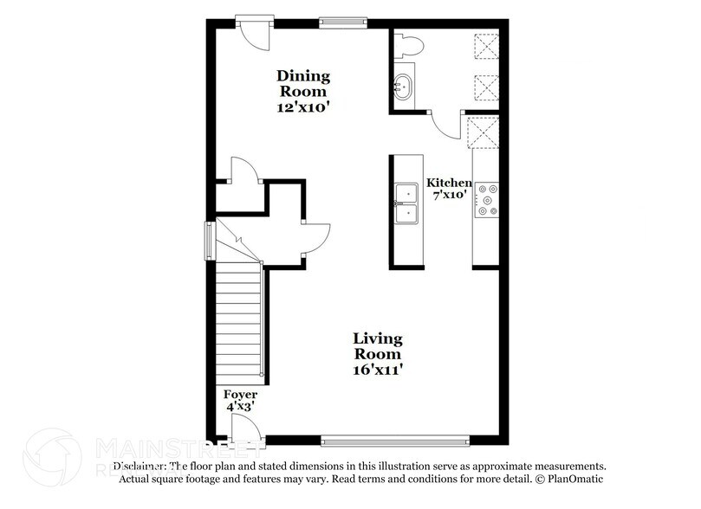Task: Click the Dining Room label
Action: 302,83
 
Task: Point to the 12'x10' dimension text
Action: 302,109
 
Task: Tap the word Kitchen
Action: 449,184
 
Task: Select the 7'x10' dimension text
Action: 449,196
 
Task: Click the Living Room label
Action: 378,345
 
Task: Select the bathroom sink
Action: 403,86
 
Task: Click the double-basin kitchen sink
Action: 405,203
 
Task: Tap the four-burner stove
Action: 486,197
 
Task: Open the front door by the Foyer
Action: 245,426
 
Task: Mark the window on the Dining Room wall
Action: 340,23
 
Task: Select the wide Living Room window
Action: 395,440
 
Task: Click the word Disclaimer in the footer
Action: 143,465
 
